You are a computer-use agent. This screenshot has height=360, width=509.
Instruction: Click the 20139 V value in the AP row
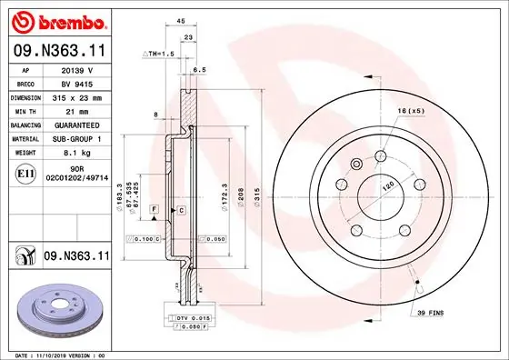pyautogui.click(x=78, y=68)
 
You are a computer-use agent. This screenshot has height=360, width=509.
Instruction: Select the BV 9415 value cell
pyautogui.click(x=78, y=82)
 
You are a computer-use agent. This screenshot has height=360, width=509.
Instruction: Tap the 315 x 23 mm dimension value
pyautogui.click(x=78, y=96)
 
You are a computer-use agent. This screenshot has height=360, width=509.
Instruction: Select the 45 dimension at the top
pyautogui.click(x=181, y=20)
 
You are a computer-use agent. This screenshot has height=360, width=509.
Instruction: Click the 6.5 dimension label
pyautogui.click(x=199, y=69)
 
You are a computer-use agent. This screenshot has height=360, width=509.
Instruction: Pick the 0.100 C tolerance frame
pyautogui.click(x=144, y=238)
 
